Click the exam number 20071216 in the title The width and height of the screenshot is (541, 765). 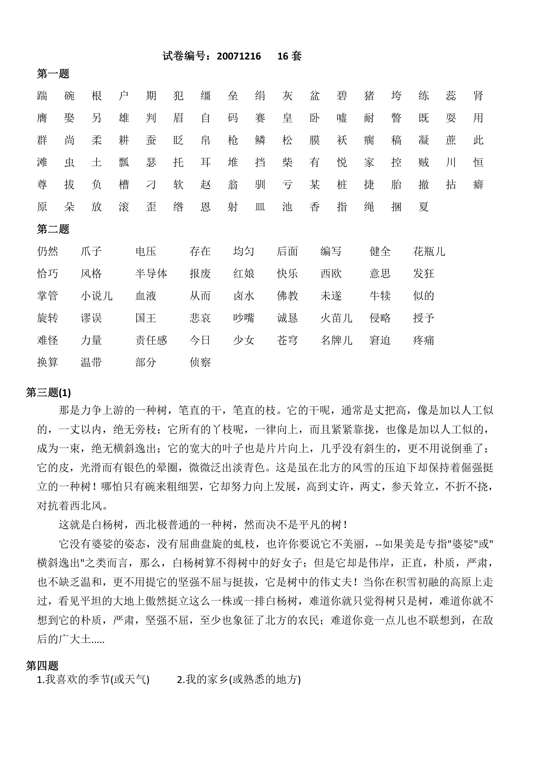pyautogui.click(x=239, y=56)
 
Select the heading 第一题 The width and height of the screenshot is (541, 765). pyautogui.click(x=53, y=74)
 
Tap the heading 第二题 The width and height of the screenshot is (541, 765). pyautogui.click(x=53, y=229)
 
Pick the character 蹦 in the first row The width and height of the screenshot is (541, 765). pyautogui.click(x=42, y=96)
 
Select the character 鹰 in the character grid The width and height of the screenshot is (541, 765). pyautogui.click(x=42, y=118)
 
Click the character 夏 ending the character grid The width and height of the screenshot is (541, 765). pyautogui.click(x=423, y=207)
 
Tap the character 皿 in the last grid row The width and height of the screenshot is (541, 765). pyautogui.click(x=260, y=207)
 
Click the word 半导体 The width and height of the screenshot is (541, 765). pyautogui.click(x=151, y=274)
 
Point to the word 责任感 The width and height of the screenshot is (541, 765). pyautogui.click(x=151, y=340)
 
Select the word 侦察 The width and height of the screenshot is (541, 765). pyautogui.click(x=200, y=362)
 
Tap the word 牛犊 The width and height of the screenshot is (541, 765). pyautogui.click(x=380, y=296)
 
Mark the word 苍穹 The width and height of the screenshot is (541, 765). pyautogui.click(x=287, y=340)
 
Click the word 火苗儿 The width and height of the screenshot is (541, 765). pyautogui.click(x=336, y=318)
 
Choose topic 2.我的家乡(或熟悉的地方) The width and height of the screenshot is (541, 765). pyautogui.click(x=239, y=679)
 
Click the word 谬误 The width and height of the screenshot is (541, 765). pyautogui.click(x=91, y=318)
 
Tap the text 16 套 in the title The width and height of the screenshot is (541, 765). pyautogui.click(x=289, y=56)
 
